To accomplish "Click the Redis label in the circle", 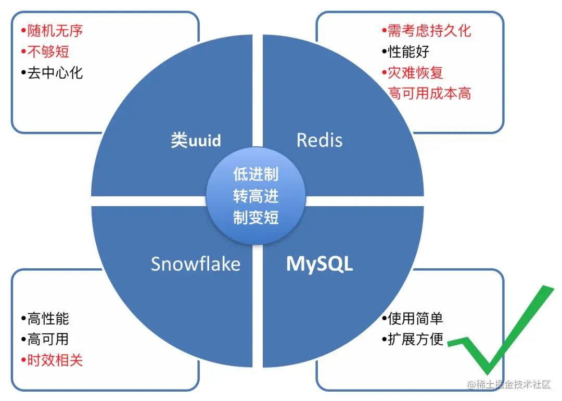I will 320,140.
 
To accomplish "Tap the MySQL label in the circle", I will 320,264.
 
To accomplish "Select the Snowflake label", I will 196,264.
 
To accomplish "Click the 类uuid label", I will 196,140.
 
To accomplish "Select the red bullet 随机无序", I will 52,31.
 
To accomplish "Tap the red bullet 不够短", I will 45,51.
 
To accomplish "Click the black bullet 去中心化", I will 52,72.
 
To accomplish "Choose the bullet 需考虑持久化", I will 426,31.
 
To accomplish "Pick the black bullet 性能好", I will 405,52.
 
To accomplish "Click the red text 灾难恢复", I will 412,72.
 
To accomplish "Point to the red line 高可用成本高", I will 430,93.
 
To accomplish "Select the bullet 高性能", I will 45,318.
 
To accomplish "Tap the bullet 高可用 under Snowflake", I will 45,340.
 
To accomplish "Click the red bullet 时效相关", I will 52,360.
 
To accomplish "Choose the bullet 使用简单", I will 413,318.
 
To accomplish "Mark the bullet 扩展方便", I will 413,340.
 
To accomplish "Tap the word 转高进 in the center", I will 256,196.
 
